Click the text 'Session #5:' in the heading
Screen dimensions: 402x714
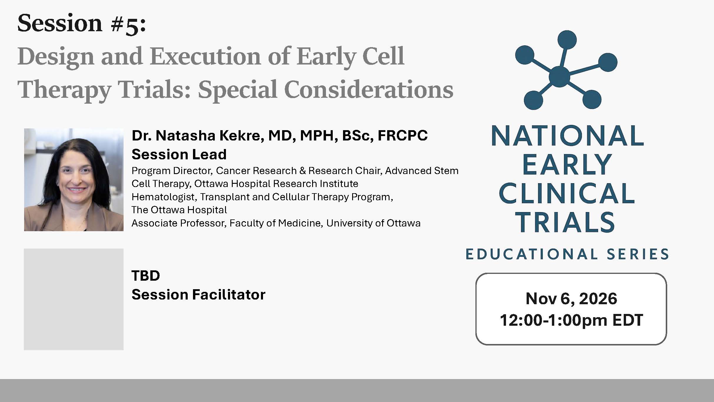point(81,24)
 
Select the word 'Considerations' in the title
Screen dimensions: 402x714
point(368,90)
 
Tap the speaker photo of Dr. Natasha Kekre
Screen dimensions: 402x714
point(74,180)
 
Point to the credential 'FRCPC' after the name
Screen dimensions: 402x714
point(402,136)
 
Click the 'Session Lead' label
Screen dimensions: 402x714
point(179,155)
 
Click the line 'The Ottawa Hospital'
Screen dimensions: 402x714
point(179,210)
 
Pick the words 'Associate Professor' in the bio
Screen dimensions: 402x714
point(178,223)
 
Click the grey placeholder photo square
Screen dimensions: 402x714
point(74,299)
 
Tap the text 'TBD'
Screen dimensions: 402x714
point(146,276)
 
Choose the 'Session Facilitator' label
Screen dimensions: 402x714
point(198,295)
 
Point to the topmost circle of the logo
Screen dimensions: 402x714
point(567,40)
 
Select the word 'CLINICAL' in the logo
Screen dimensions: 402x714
point(567,193)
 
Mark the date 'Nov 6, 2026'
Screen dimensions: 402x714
point(571,299)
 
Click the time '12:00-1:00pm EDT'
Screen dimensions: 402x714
point(571,320)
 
